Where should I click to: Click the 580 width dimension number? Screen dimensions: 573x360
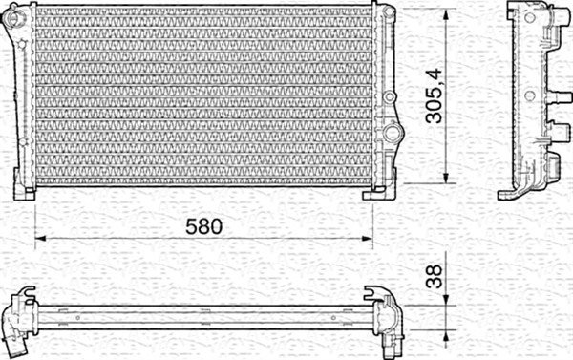(x=203, y=226)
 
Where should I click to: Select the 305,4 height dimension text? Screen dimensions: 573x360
(x=435, y=95)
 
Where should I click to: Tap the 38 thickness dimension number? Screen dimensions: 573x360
(x=435, y=277)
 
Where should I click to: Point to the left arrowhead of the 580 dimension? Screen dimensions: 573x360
(x=40, y=239)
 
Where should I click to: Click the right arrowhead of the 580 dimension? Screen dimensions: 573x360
(x=368, y=239)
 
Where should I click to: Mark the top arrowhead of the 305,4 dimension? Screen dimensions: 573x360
(x=445, y=15)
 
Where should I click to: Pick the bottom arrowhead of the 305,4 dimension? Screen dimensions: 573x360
(x=445, y=178)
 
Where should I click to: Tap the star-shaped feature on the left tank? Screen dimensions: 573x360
(x=22, y=44)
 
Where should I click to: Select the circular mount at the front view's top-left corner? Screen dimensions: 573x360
(x=14, y=15)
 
